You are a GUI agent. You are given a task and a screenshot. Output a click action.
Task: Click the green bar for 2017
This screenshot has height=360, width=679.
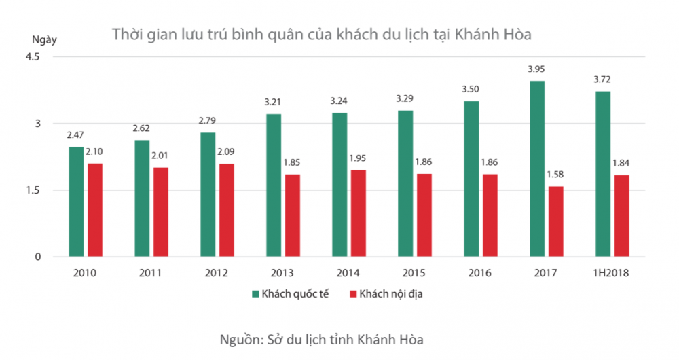tap(537, 169)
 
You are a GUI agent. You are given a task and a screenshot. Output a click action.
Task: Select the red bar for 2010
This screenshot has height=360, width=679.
tap(94, 210)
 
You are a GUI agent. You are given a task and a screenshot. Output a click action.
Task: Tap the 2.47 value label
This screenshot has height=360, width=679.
tap(75, 136)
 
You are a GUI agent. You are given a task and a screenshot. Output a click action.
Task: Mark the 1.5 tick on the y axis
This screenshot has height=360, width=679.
tap(33, 190)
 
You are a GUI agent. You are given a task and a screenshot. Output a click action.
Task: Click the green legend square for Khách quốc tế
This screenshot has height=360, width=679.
tap(256, 293)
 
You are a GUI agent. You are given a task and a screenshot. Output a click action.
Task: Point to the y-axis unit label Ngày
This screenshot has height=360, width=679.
tap(44, 39)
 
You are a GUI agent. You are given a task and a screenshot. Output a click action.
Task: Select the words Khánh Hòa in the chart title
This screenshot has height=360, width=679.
tap(502, 33)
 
